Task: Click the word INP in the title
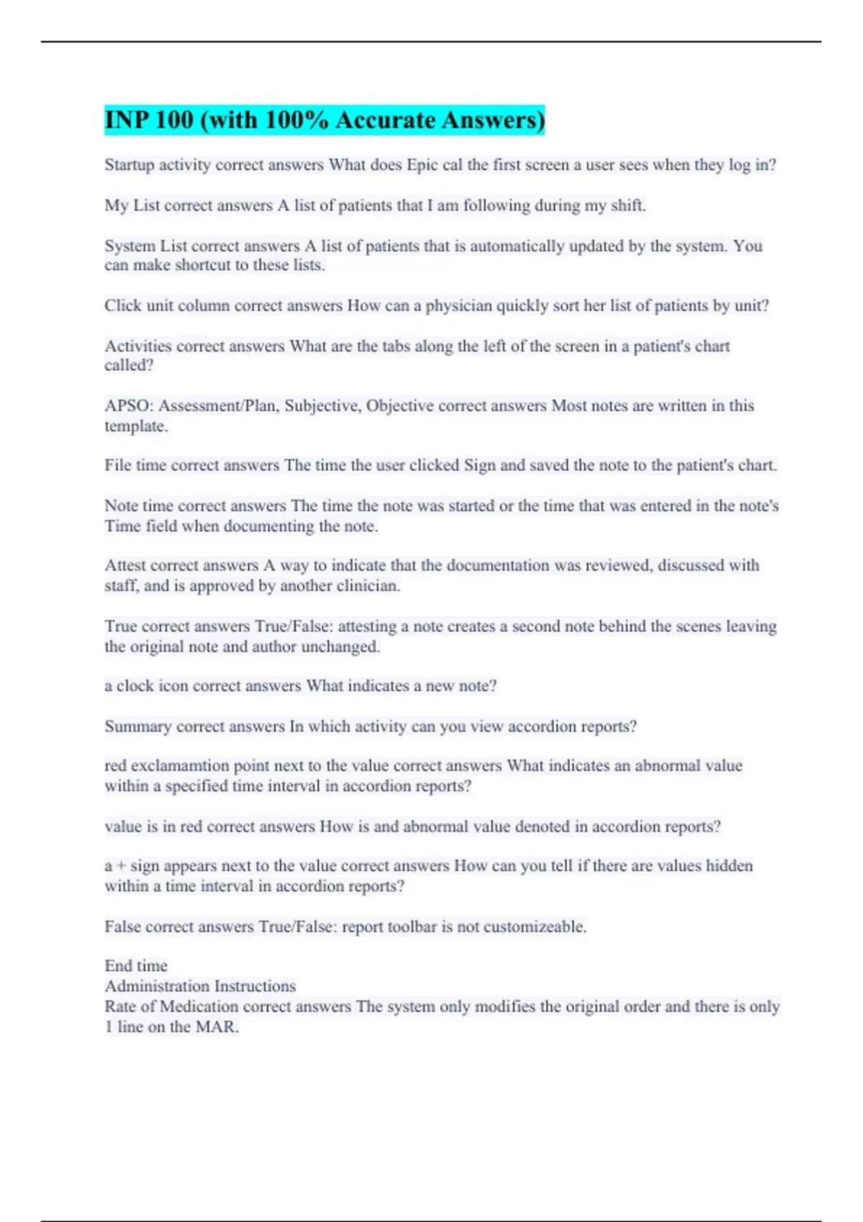(126, 120)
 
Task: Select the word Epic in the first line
(422, 165)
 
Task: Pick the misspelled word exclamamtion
(179, 766)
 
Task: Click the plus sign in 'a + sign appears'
(121, 866)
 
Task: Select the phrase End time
(136, 965)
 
